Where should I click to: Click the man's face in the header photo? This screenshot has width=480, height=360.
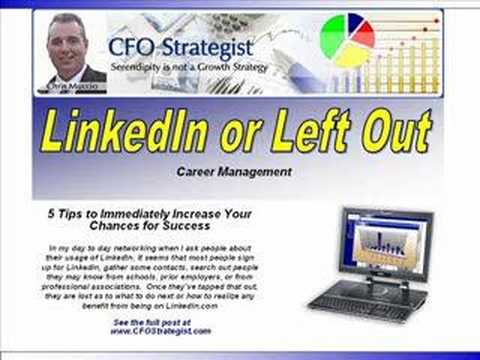pos(67,46)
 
